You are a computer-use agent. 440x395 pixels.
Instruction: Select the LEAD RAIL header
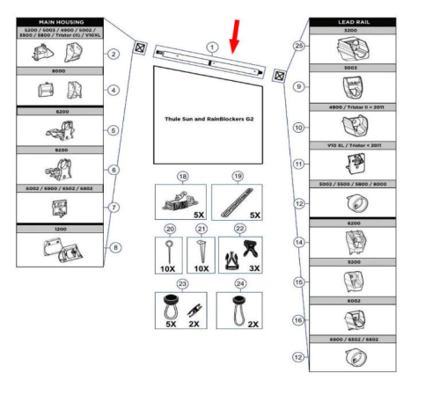[x=352, y=20]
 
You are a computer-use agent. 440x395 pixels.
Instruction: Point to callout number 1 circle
[x=211, y=45]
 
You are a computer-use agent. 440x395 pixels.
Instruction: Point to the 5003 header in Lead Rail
[x=352, y=68]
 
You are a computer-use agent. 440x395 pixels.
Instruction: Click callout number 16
[x=300, y=320]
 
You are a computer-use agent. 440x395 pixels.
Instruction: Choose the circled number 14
[x=300, y=240]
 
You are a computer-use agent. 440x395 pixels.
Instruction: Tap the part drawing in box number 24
[x=233, y=309]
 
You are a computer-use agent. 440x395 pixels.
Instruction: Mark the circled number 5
[x=114, y=131]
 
